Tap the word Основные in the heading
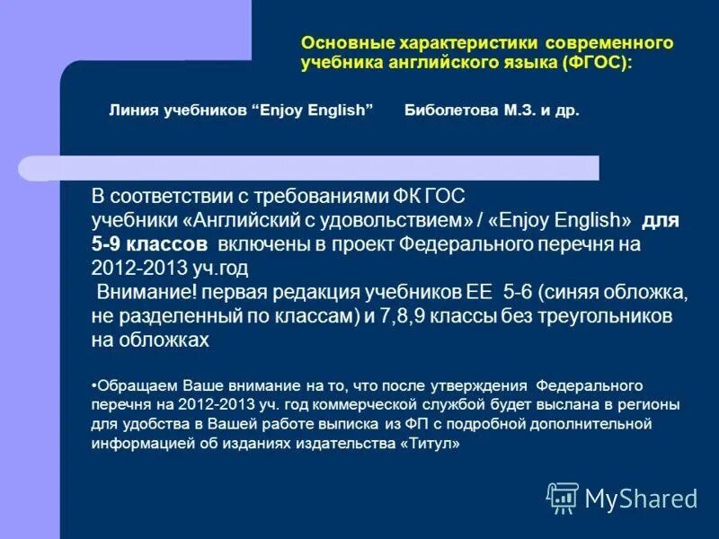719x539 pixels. (x=337, y=43)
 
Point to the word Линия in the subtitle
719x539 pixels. (x=131, y=110)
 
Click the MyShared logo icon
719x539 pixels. (x=563, y=498)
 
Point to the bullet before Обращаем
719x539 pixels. (x=94, y=384)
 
